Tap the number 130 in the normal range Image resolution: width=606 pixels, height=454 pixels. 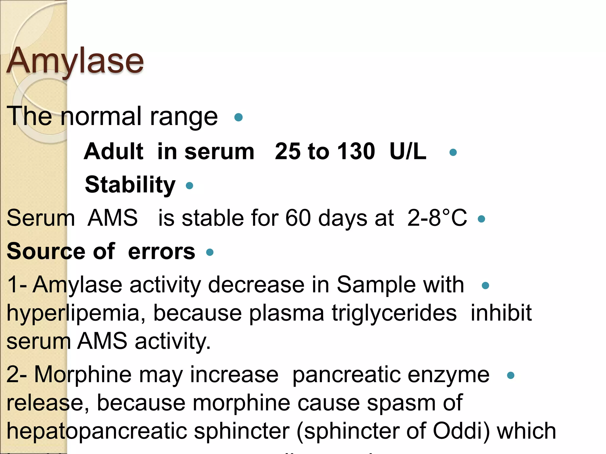[357, 151]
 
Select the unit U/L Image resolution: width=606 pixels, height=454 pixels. [408, 151]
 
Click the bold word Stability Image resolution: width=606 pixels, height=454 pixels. [130, 185]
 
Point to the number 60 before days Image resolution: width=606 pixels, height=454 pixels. [298, 218]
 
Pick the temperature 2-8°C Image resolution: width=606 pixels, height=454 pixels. [437, 218]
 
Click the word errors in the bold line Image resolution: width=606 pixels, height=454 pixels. [162, 252]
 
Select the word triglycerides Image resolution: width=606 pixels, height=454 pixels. [394, 313]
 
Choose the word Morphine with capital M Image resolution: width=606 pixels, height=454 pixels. [83, 374]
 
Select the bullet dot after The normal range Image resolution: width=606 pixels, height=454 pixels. [238, 117]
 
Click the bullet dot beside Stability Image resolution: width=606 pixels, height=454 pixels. [189, 186]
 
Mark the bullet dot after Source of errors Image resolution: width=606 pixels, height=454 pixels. [210, 252]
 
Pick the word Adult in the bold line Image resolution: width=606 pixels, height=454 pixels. [114, 151]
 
